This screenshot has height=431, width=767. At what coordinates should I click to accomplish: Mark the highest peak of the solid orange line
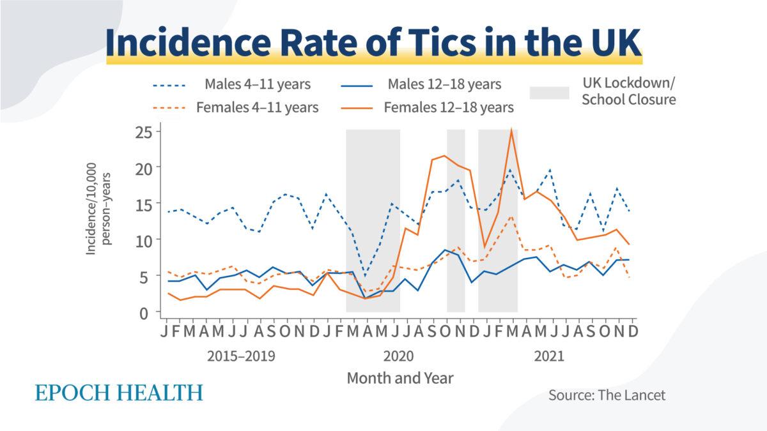511,130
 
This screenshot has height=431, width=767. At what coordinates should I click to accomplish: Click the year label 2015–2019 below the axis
241,356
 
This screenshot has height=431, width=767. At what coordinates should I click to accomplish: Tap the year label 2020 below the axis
398,356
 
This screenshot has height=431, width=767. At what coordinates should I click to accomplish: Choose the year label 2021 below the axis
549,356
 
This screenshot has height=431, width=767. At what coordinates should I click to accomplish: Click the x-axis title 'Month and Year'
400,378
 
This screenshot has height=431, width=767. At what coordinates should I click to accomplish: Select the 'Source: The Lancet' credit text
607,395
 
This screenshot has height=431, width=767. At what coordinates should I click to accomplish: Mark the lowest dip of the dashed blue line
366,276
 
